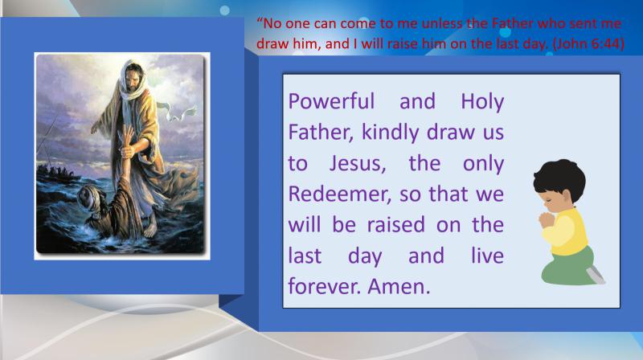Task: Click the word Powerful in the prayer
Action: pos(331,102)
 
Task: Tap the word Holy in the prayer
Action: pos(482,102)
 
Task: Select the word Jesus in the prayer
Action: pos(358,164)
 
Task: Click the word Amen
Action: pos(399,286)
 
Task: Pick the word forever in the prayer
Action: pos(325,286)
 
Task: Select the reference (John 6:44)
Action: pos(588,43)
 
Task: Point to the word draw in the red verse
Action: pos(272,43)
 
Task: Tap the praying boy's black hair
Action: pos(559,178)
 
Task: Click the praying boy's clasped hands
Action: pos(547,219)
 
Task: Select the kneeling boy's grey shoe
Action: pos(596,274)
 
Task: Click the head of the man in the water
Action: pos(89,198)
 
